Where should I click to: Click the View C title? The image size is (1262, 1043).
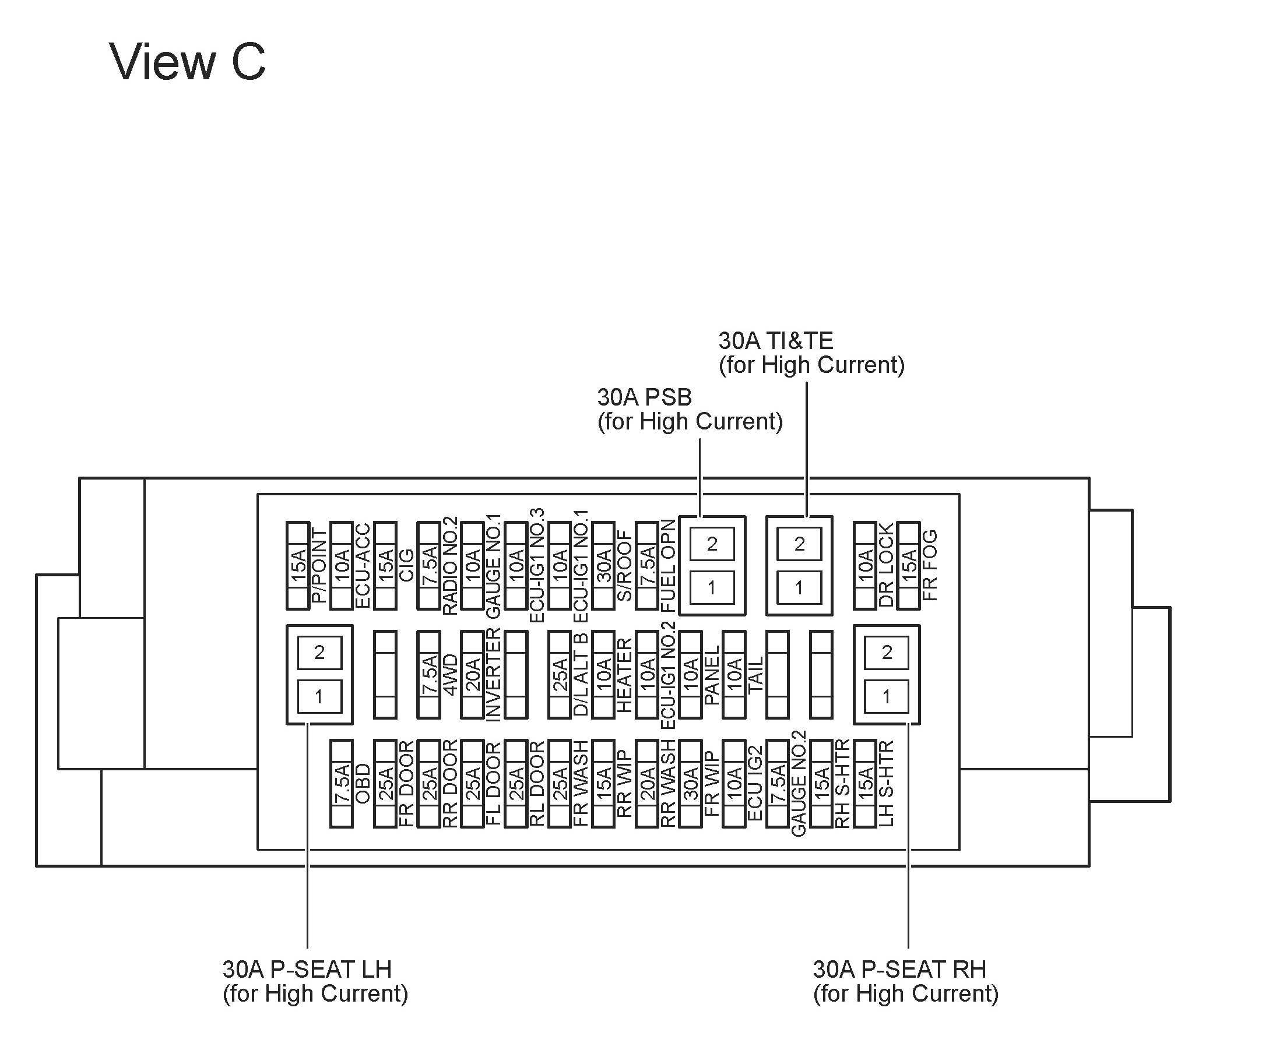pyautogui.click(x=187, y=62)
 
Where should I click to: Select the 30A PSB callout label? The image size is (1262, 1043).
pyautogui.click(x=690, y=409)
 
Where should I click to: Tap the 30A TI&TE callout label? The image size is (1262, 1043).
pyautogui.click(x=811, y=353)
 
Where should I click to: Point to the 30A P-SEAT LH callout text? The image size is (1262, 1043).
pyautogui.click(x=315, y=981)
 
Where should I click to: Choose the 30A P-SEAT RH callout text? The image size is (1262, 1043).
pyautogui.click(x=905, y=981)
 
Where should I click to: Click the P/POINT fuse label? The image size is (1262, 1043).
pyautogui.click(x=319, y=565)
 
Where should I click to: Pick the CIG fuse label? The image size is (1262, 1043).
pyautogui.click(x=407, y=565)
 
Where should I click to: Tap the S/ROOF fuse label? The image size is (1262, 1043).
pyautogui.click(x=625, y=565)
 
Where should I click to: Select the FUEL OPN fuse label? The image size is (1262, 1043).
pyautogui.click(x=668, y=565)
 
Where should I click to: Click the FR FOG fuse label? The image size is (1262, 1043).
pyautogui.click(x=930, y=565)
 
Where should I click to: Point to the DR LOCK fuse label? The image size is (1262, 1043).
pyautogui.click(x=887, y=565)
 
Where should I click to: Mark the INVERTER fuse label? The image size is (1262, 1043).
pyautogui.click(x=493, y=674)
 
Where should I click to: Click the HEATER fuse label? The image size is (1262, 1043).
pyautogui.click(x=625, y=674)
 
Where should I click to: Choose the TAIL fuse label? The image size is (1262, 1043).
pyautogui.click(x=756, y=674)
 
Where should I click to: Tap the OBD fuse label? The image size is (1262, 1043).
pyautogui.click(x=363, y=784)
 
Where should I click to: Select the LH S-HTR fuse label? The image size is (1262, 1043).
pyautogui.click(x=887, y=784)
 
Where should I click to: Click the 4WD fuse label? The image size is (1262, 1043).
pyautogui.click(x=450, y=674)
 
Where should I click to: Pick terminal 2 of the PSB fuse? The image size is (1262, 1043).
pyautogui.click(x=712, y=544)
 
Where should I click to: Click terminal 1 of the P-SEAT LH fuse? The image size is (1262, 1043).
pyautogui.click(x=319, y=696)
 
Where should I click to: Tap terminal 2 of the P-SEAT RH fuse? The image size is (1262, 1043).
pyautogui.click(x=887, y=653)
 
